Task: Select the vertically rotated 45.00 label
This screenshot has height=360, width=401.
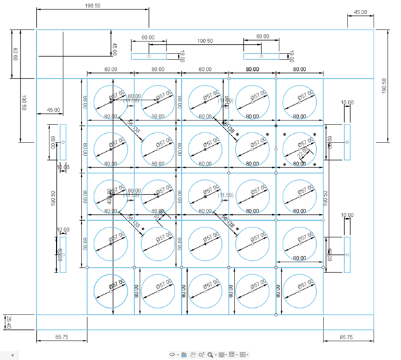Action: [114, 50]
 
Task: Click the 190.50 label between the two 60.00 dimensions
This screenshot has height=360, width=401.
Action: [205, 41]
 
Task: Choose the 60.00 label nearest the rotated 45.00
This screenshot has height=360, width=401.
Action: [148, 37]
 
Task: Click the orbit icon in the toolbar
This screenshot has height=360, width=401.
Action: [173, 355]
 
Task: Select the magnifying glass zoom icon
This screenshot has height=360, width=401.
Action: [209, 355]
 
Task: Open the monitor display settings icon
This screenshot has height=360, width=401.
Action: [221, 355]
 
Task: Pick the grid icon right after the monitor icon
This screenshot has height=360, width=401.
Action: [231, 355]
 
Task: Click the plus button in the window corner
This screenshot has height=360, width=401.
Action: [12, 354]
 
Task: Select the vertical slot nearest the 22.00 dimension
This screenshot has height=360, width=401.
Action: [347, 142]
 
